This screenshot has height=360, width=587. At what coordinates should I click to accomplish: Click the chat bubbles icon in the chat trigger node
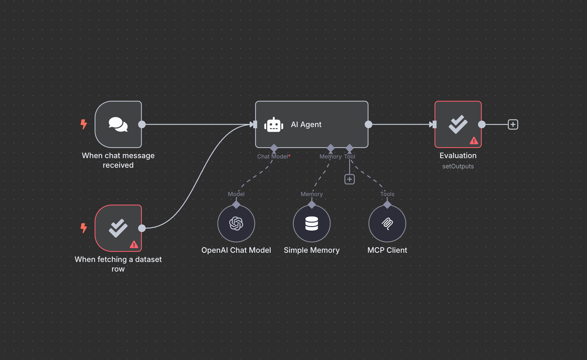[x=118, y=124]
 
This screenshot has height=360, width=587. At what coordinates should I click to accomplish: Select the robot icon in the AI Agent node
[x=274, y=125]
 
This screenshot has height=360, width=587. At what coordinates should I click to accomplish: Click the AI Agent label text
[x=306, y=125]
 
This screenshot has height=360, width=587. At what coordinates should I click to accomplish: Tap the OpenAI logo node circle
[x=236, y=224]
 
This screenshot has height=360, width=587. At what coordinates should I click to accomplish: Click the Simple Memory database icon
[x=312, y=224]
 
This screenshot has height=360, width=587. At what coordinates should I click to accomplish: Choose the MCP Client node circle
[x=387, y=224]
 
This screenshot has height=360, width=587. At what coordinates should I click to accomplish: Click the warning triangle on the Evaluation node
[x=474, y=141]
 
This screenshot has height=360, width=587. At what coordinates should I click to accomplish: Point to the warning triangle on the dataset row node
[x=134, y=245]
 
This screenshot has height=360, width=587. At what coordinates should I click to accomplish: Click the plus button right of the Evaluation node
[x=513, y=124]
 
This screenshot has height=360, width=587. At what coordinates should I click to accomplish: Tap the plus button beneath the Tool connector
[x=350, y=179]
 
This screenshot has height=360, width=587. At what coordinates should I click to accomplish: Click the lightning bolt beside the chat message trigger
[x=84, y=124]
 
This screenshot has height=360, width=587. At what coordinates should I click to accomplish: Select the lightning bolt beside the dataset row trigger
[x=84, y=228]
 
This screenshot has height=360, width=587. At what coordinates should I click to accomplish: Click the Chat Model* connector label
[x=274, y=156]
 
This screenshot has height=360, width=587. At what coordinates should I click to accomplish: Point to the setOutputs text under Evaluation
[x=458, y=166]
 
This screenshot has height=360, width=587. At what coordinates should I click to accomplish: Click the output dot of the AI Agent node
[x=368, y=124]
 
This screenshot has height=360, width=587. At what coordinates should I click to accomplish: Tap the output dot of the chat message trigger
[x=142, y=124]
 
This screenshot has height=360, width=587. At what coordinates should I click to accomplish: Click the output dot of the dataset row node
[x=142, y=228]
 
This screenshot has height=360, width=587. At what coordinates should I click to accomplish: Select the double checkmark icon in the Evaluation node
[x=458, y=124]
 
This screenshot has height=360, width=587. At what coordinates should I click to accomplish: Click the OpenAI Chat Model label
[x=236, y=250]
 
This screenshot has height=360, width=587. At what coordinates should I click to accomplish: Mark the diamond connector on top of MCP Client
[x=387, y=205]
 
